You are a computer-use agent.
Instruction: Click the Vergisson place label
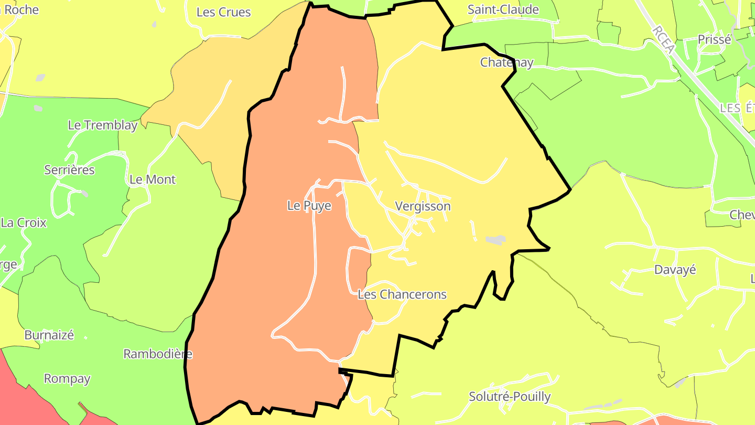pos(423,206)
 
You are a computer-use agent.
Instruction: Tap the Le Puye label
pos(309,206)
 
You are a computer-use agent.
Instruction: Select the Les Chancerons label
pos(402,294)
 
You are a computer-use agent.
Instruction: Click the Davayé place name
pos(675,270)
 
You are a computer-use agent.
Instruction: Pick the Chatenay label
pos(506,62)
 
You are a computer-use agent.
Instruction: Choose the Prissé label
pos(714,39)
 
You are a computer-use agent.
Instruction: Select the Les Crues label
pos(223,12)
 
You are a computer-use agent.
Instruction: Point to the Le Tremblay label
pos(103,125)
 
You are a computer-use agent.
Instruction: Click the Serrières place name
pos(69,170)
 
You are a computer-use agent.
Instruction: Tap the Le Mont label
pos(152,179)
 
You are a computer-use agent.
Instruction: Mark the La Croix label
pos(24,222)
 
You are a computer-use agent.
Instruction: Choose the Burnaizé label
pos(49,335)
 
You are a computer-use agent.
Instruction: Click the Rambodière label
pos(157,354)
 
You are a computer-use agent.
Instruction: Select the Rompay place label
pos(67,378)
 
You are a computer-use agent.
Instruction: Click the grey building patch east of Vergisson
pos(495,240)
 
